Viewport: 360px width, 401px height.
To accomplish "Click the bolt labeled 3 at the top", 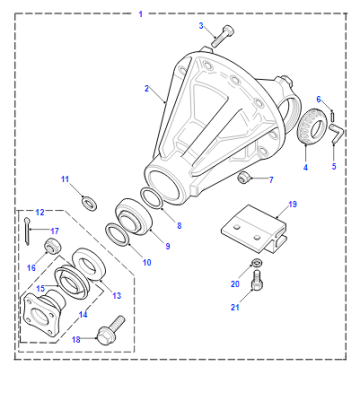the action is [x=222, y=36].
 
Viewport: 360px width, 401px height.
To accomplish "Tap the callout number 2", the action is [x=147, y=89].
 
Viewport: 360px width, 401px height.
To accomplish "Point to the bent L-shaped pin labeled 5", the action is [x=337, y=133].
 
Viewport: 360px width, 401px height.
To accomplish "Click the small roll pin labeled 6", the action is [x=333, y=116].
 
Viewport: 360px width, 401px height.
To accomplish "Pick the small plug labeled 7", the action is [x=244, y=178].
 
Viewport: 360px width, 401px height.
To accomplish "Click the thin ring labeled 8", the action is [x=152, y=199].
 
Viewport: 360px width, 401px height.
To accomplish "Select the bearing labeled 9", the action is [x=134, y=217].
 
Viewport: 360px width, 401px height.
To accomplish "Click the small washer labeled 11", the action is [x=89, y=203].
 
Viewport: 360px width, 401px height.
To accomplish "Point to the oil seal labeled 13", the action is [x=89, y=264].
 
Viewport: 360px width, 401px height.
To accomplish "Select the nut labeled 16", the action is [x=53, y=246].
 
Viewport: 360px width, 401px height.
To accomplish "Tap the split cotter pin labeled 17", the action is [x=27, y=231].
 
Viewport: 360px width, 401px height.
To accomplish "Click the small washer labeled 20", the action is [x=256, y=263].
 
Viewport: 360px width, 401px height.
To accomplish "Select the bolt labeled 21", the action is [x=256, y=280].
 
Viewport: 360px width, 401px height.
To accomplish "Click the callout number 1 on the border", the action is [x=141, y=14].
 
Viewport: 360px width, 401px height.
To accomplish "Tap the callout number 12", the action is [x=40, y=212].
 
